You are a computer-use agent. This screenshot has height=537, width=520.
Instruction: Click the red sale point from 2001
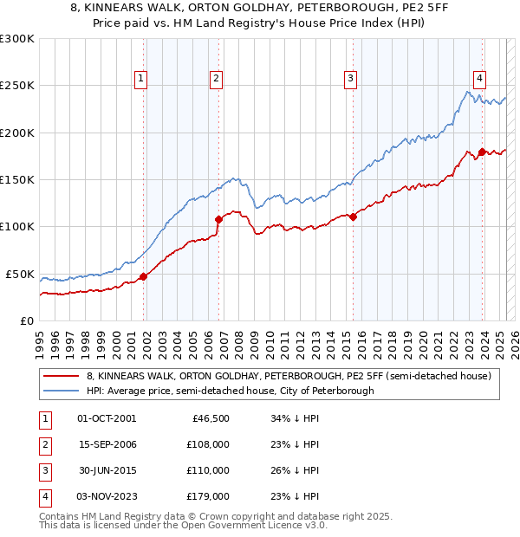pos(144,276)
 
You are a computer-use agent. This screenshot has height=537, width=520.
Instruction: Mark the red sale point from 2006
pos(219,219)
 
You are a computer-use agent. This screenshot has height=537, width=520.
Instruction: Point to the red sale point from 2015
pos(354,217)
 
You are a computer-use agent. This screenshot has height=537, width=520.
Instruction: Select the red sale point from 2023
pos(482,152)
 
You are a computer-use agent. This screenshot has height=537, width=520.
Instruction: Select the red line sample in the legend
pos(61,376)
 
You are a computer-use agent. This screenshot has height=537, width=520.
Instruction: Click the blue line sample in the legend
pos(61,391)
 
